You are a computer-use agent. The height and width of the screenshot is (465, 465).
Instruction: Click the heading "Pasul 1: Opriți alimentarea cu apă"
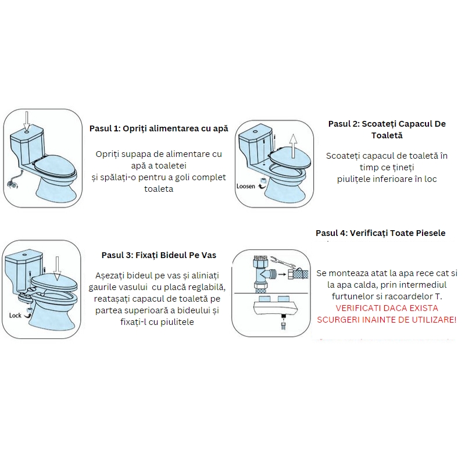[159, 128]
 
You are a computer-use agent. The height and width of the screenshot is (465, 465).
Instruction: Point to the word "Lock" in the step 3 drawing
[16, 316]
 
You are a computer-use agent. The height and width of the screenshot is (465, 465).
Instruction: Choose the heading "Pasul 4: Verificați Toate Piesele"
[381, 233]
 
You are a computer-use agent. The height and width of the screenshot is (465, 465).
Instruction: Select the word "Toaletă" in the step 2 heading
[387, 135]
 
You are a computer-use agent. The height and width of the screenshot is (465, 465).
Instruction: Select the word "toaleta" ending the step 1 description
[159, 189]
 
